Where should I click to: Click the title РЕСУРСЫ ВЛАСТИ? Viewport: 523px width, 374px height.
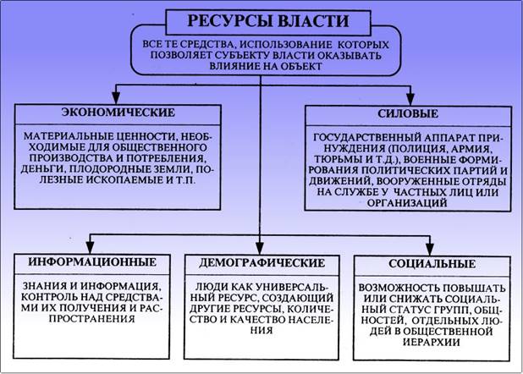coord(268,21)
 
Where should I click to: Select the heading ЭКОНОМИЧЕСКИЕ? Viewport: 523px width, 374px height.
coord(118,113)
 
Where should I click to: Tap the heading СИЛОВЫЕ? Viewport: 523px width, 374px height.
coord(408,113)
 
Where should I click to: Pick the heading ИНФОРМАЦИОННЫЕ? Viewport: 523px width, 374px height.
coord(92,262)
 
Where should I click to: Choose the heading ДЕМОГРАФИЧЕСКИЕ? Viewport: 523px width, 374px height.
coord(261,263)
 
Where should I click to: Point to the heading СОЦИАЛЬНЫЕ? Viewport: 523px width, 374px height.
coord(432,264)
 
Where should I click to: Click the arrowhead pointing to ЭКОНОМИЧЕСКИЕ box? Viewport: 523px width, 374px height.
coord(116,98)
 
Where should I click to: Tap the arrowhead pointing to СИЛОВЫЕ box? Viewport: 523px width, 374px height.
coord(410,99)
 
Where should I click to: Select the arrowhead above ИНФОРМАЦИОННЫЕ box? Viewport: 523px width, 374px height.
coord(90,248)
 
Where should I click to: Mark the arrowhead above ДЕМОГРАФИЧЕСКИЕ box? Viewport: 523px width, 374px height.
coord(260,249)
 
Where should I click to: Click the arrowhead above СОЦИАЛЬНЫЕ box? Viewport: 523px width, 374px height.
coord(430,250)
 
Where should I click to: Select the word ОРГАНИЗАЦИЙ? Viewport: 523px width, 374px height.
coord(407,203)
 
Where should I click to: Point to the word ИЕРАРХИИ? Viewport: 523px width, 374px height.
coord(432,342)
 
